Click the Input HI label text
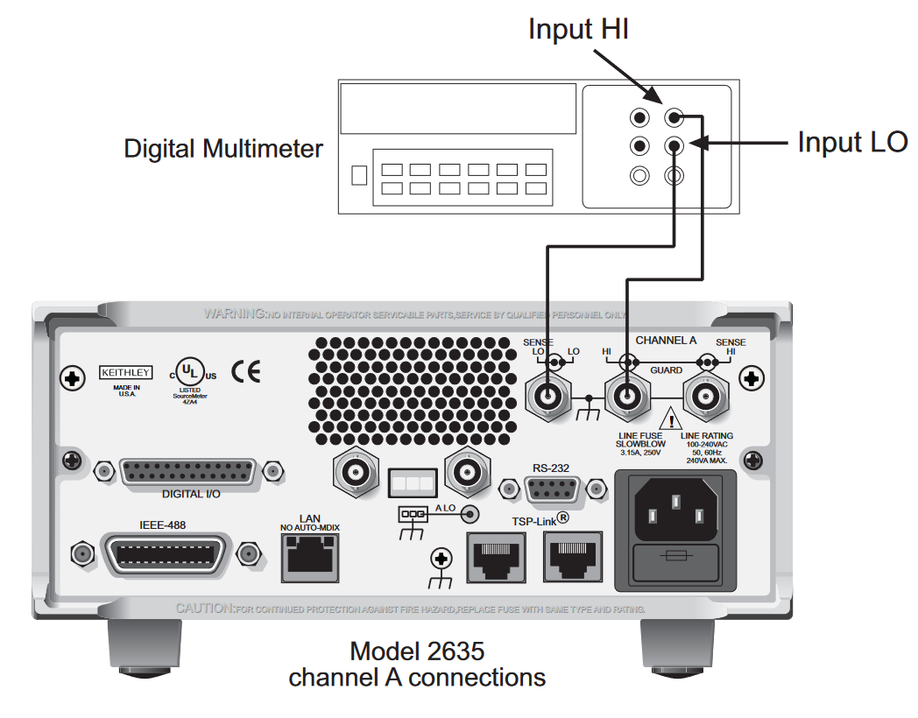578,28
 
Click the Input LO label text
851,141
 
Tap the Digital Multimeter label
222,148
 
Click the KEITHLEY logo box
125,371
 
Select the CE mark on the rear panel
246,371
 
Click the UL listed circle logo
186,370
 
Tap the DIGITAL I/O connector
192,472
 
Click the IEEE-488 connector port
164,553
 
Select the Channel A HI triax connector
627,398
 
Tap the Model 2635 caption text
417,651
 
